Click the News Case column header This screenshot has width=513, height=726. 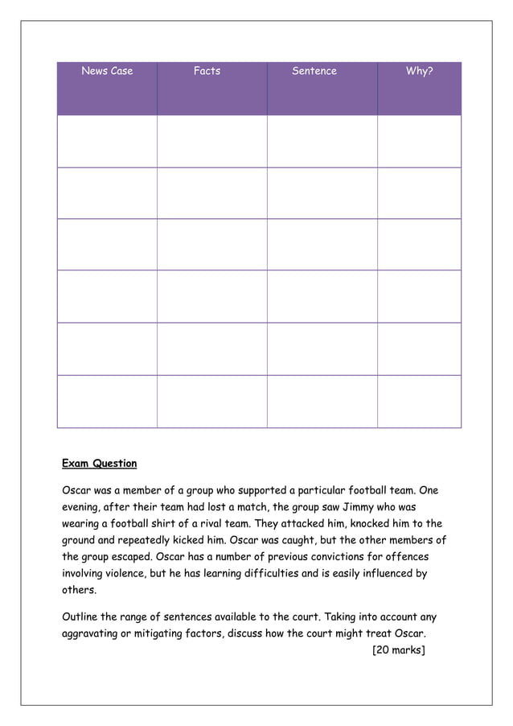(107, 71)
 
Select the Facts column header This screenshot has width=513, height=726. (207, 71)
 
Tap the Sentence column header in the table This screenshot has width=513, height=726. (314, 71)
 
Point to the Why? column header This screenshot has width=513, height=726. (419, 71)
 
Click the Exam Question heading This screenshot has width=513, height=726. (100, 464)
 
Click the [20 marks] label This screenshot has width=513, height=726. (397, 650)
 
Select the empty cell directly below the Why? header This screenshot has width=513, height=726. (419, 141)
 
